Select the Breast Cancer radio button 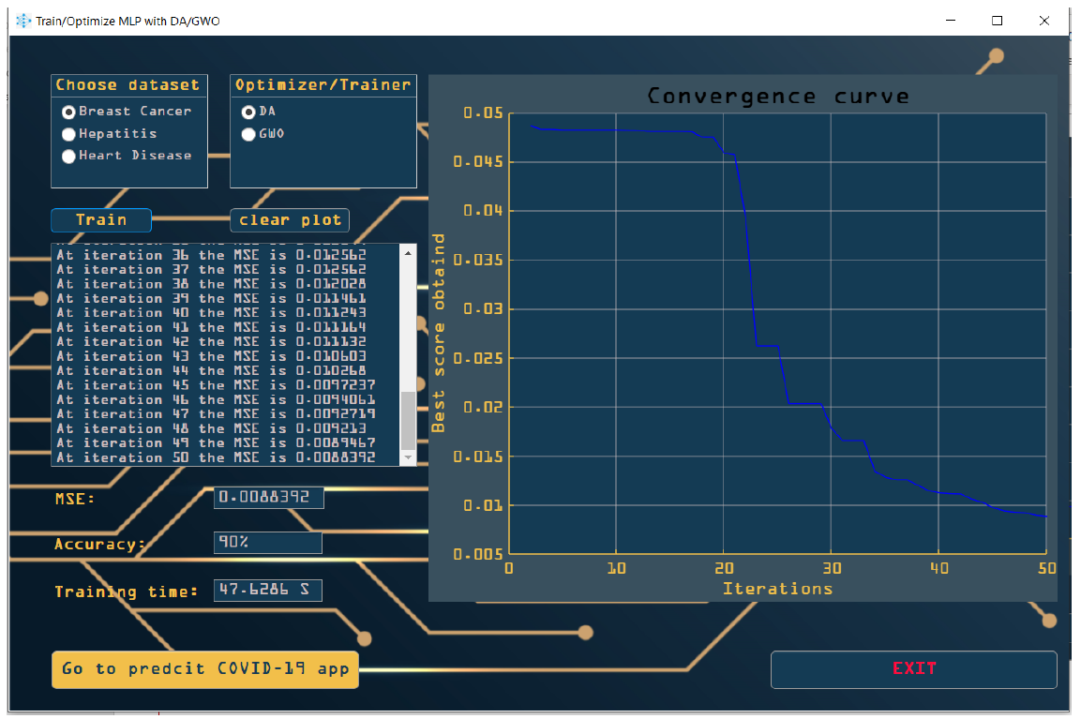coord(68,112)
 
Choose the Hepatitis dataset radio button coord(68,134)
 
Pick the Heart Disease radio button coord(68,157)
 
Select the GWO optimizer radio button coord(248,134)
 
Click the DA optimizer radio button coord(248,112)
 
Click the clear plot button coord(290,220)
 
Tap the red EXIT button coord(913,669)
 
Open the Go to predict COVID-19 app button coord(205,669)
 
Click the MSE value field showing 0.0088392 coord(268,498)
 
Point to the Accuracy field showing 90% coord(267,543)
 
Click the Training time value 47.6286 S coord(267,591)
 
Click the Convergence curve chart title coord(777,97)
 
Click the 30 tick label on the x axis coord(831,568)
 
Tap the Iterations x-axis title coord(777,589)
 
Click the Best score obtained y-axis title coord(439,333)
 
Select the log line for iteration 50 coord(216,458)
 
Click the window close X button coord(1043,21)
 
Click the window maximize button coord(998,21)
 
